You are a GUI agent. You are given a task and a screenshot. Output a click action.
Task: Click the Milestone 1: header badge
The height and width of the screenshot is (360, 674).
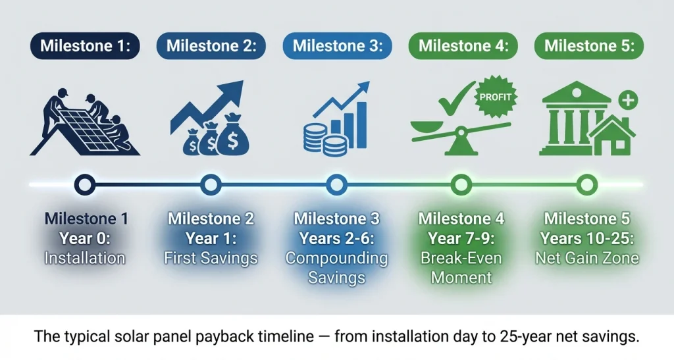tap(84, 46)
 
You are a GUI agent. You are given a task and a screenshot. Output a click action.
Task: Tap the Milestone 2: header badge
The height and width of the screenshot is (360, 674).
tap(211, 46)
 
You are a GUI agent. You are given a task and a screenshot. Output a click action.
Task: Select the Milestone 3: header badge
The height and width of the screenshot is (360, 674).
tap(337, 46)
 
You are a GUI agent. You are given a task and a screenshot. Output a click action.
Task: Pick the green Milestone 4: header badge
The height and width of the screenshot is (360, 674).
tap(463, 46)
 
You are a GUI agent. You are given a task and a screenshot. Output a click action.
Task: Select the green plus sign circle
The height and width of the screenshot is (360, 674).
tap(629, 101)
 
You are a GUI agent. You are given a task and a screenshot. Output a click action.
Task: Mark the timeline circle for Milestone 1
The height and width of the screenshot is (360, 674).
tap(84, 185)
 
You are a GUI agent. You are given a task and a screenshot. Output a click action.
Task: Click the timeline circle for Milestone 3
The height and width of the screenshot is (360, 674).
tap(336, 185)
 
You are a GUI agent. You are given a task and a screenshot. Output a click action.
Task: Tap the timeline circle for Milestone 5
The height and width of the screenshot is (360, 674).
tap(586, 185)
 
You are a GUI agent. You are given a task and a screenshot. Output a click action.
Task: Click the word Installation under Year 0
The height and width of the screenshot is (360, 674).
tap(84, 258)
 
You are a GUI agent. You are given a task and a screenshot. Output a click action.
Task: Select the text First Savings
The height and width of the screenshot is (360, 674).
tap(211, 258)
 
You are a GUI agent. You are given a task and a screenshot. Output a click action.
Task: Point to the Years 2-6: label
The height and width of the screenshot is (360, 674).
tap(336, 238)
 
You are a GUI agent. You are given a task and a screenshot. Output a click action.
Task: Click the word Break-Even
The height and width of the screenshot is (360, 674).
tap(461, 258)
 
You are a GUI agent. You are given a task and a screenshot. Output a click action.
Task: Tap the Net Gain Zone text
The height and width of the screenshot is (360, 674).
tap(586, 258)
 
